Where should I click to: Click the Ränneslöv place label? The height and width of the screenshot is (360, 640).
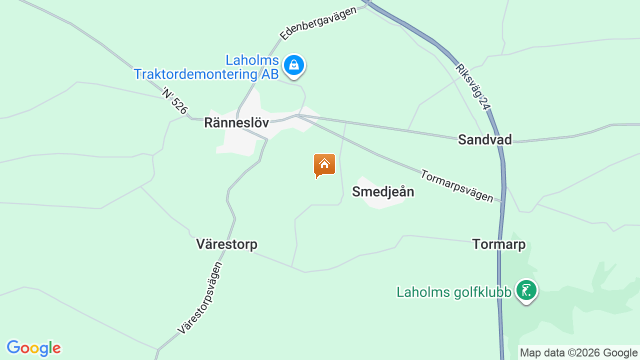(236, 123)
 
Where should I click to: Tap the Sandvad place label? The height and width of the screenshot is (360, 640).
(484, 139)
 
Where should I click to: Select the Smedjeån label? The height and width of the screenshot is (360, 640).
(383, 191)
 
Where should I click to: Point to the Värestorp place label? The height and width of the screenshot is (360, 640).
(226, 244)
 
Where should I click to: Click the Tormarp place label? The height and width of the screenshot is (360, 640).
(498, 244)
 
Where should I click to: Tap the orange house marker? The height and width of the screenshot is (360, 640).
(324, 165)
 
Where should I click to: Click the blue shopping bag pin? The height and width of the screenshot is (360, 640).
(294, 65)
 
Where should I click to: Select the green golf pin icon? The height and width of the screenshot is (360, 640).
(526, 290)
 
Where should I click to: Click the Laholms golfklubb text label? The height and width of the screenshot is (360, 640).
(453, 292)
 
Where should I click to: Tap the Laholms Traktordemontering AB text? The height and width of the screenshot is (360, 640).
(206, 67)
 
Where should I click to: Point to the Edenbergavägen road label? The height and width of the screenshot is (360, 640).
(318, 23)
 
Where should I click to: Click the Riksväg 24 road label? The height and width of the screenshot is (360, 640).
(471, 86)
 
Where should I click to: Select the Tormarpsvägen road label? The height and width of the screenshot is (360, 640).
(456, 185)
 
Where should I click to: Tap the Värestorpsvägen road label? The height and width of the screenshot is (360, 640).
(200, 298)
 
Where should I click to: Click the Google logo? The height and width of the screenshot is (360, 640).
(33, 348)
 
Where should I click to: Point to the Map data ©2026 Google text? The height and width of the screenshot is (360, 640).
(578, 353)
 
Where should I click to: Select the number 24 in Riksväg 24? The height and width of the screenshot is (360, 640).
(482, 102)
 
